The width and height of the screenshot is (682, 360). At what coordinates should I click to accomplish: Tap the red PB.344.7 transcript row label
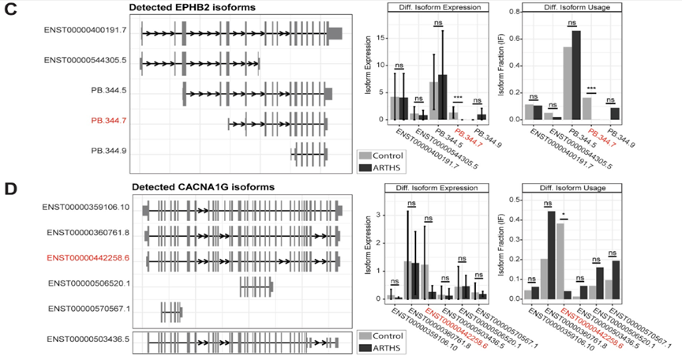pos(109,121)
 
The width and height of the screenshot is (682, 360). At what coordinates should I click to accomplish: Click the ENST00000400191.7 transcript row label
pos(86,32)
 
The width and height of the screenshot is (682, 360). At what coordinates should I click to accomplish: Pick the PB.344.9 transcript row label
pos(109,150)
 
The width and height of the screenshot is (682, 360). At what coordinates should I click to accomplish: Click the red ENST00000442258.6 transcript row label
pos(88,257)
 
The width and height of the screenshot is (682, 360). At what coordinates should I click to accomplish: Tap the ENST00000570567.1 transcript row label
pos(88,308)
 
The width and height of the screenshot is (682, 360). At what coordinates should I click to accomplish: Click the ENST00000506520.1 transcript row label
pos(88,283)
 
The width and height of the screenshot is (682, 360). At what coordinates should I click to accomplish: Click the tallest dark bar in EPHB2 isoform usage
pos(576,75)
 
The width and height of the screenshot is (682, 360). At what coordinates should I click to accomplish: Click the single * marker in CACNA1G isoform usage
pos(564,214)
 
